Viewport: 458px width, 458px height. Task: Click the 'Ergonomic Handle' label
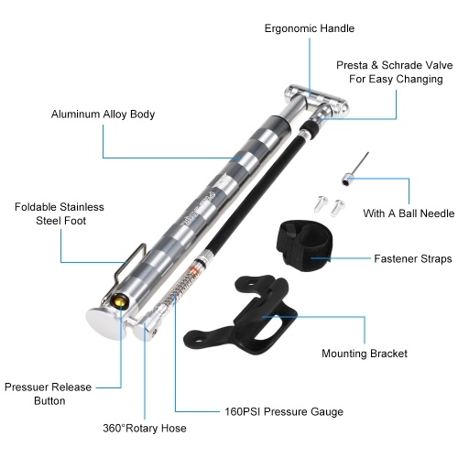coord(310,28)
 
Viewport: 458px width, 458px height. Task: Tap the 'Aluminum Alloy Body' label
coord(103,114)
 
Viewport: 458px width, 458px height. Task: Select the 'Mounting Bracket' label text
coord(365,354)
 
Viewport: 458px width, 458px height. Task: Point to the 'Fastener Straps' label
coord(413,258)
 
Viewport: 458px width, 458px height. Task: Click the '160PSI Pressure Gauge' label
coord(284,411)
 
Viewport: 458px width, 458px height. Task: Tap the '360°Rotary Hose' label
coord(145,428)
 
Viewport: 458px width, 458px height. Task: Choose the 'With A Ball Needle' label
coord(409,213)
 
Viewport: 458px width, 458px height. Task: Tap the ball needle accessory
coord(354,169)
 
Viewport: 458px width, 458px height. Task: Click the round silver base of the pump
coord(104,323)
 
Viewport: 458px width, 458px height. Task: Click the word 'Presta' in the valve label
coord(352,65)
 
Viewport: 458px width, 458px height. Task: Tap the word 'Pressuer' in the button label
coord(25,387)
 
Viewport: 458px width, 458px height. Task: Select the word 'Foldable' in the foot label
coord(34,207)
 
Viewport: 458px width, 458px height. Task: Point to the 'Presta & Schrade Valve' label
coord(395,65)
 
